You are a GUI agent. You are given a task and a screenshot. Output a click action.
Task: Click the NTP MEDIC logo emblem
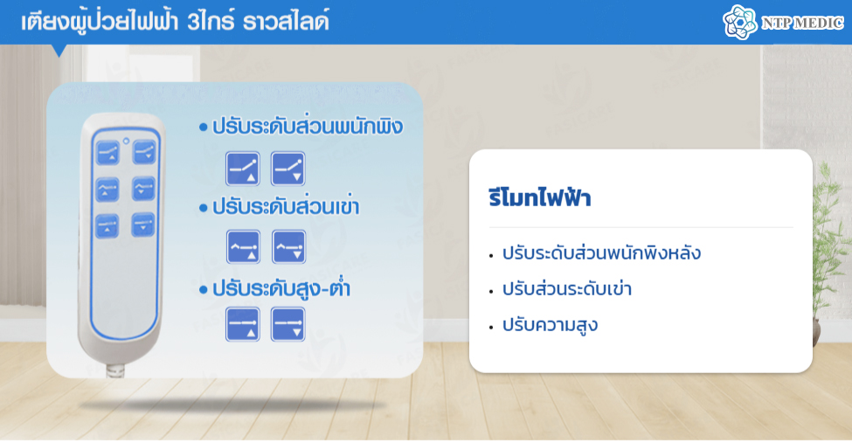click(740, 23)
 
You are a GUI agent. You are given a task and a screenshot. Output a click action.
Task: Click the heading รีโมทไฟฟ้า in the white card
click(539, 197)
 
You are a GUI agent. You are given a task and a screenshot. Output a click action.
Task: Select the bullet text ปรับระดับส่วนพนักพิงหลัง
click(601, 253)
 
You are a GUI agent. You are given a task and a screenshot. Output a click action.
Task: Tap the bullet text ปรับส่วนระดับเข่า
click(567, 288)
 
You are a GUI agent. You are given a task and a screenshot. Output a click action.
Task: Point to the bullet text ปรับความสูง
click(550, 325)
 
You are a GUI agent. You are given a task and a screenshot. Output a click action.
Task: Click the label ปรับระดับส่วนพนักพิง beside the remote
click(308, 127)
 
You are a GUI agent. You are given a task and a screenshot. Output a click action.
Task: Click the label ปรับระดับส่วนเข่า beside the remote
click(286, 207)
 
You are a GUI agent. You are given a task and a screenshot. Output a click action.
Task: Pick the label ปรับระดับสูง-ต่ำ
click(281, 288)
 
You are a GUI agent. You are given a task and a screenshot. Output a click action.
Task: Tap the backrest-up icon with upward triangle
click(243, 169)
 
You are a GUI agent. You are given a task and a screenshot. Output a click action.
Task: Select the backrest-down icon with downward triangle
click(288, 169)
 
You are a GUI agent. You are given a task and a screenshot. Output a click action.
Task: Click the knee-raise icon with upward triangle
click(243, 246)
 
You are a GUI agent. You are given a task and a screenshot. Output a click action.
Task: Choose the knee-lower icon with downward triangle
click(288, 246)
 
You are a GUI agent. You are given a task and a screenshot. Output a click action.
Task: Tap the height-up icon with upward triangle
click(243, 324)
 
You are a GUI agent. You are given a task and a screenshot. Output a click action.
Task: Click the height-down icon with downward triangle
click(288, 324)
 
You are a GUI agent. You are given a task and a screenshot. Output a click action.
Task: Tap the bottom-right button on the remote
click(143, 225)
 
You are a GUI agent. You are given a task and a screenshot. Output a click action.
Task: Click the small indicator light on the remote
click(126, 141)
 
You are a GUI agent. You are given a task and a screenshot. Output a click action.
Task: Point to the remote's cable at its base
click(114, 370)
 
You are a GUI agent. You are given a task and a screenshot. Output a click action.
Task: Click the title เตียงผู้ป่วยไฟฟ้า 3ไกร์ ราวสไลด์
click(175, 23)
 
